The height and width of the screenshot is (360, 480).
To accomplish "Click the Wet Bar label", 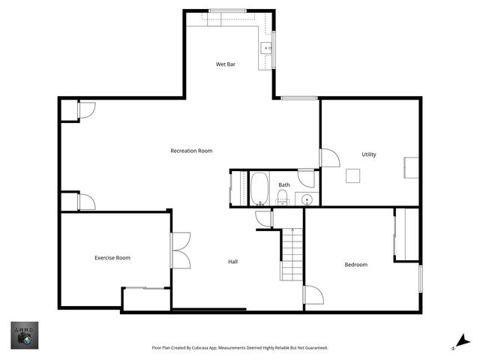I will point(226,64).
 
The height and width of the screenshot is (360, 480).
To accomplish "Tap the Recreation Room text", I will point(191,151).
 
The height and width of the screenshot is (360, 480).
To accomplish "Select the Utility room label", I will point(369,154).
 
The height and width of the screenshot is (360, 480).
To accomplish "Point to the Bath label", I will point(284,184).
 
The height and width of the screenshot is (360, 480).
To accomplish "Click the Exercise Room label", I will point(112,258).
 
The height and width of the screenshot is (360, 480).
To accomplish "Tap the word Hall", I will point(233,262).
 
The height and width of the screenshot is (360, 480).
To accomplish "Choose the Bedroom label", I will point(355,264).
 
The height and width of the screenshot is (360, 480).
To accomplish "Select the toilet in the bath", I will point(283,198).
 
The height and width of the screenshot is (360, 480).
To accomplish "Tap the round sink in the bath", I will point(306,199).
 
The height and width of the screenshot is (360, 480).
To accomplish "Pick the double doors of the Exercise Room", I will point(181,250).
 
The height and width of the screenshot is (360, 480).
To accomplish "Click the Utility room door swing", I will point(329,158).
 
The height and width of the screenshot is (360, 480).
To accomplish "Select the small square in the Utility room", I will point(353,175).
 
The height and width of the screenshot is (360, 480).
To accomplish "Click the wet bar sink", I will point(266,48).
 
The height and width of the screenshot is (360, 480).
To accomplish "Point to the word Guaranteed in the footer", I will point(315,348).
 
